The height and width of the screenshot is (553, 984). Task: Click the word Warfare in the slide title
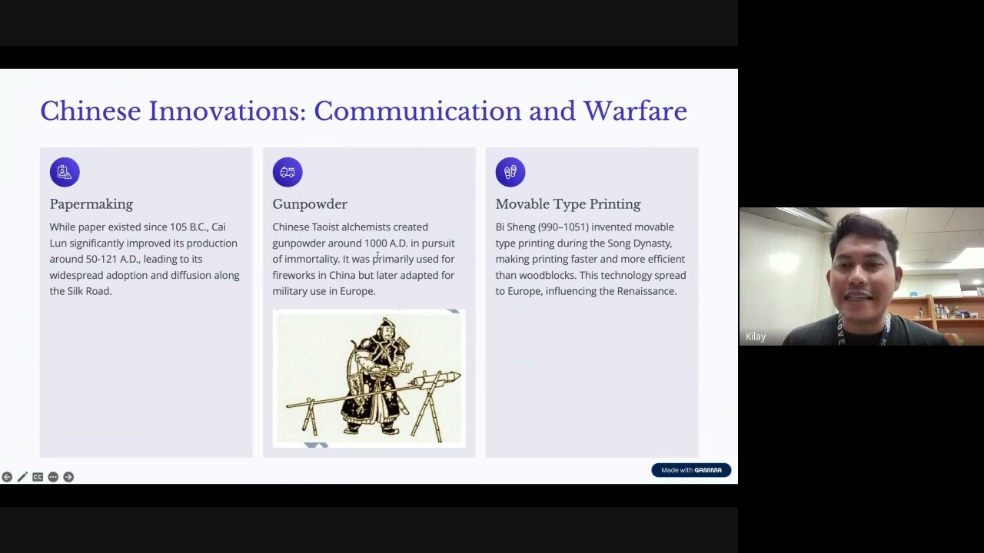[x=635, y=111]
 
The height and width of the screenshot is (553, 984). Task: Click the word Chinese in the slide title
[x=91, y=111]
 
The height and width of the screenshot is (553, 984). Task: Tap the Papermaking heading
[x=91, y=204]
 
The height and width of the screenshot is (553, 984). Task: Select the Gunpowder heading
[x=310, y=204]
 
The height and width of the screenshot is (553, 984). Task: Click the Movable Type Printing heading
[x=567, y=204]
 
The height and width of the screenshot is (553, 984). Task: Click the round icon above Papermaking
[x=65, y=172]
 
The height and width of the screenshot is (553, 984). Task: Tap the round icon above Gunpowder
[x=288, y=172]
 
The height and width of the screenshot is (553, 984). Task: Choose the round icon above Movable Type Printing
[x=510, y=172]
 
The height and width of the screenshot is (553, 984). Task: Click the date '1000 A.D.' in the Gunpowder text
[x=385, y=243]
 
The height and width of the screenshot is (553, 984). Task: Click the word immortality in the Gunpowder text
[x=311, y=260]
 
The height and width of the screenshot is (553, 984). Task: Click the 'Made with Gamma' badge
[x=691, y=470]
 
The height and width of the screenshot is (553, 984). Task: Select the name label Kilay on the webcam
[x=756, y=336]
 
